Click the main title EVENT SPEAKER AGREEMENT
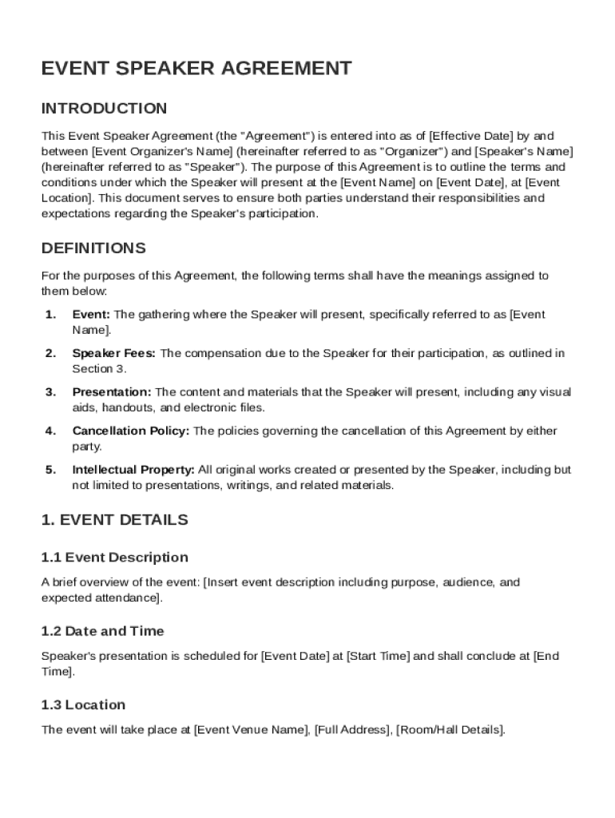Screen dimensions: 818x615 (196, 69)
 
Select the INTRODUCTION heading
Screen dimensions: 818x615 (104, 109)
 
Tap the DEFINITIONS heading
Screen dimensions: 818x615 (93, 248)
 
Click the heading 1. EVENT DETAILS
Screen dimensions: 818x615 (114, 520)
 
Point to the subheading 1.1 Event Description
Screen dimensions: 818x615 (114, 558)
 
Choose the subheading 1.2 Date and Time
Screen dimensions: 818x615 (102, 631)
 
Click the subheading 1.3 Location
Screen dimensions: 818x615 (83, 705)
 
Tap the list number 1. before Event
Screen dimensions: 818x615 (50, 315)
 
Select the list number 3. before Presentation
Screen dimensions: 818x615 (50, 392)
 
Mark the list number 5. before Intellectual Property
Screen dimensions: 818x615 (50, 470)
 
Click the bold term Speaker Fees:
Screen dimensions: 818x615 (114, 353)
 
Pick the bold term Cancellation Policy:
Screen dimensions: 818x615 (131, 431)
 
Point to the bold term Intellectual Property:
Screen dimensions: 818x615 (133, 470)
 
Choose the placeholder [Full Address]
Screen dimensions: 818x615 (352, 730)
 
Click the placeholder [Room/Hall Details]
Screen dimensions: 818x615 (450, 730)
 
